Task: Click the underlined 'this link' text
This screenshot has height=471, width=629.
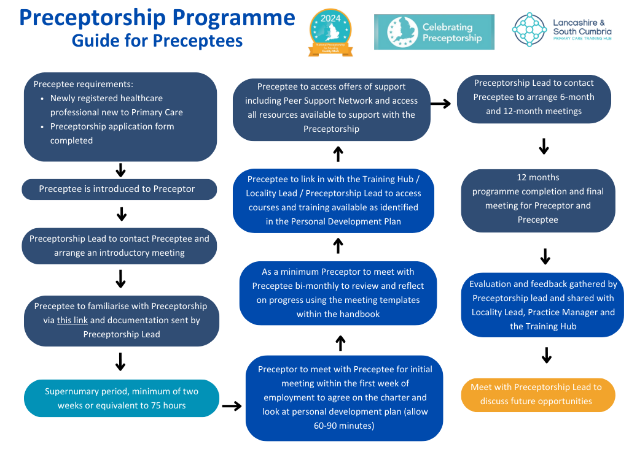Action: [x=72, y=320]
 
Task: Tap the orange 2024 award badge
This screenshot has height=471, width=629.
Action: [x=330, y=33]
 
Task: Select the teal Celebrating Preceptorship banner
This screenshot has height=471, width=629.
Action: [x=434, y=32]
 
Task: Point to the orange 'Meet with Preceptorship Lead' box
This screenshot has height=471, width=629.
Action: [x=537, y=394]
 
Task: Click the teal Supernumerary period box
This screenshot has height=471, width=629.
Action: [x=122, y=399]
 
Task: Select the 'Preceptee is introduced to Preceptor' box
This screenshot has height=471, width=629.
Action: [x=119, y=189]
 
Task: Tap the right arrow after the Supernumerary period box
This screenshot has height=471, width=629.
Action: [x=232, y=406]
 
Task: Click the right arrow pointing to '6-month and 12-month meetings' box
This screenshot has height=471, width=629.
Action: [x=440, y=104]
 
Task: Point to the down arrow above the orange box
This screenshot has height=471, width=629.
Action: [x=546, y=356]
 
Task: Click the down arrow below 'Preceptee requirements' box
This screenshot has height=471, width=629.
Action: [x=120, y=170]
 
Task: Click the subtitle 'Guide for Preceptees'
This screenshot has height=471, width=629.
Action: [x=157, y=40]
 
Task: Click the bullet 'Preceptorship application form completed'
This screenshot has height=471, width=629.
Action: [x=112, y=133]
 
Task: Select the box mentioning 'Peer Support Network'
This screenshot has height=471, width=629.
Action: [x=331, y=108]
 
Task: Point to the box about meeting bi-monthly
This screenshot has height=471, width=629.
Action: [x=338, y=293]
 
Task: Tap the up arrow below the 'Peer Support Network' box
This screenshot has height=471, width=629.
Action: [x=338, y=155]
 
